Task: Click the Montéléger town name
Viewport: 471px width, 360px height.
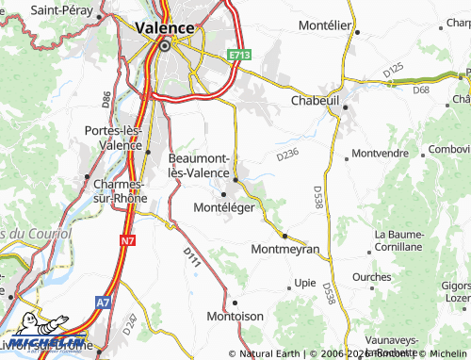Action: tap(223, 207)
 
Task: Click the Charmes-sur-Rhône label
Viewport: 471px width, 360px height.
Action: tap(113, 190)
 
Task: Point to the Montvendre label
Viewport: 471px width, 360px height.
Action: tap(380, 153)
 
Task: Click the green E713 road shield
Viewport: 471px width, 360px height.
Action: tap(239, 57)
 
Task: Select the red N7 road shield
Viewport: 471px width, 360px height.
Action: tap(127, 241)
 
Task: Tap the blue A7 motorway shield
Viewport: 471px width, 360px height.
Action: tap(102, 302)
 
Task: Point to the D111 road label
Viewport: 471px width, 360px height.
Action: tap(191, 255)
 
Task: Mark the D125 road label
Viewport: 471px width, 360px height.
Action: tap(394, 71)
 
